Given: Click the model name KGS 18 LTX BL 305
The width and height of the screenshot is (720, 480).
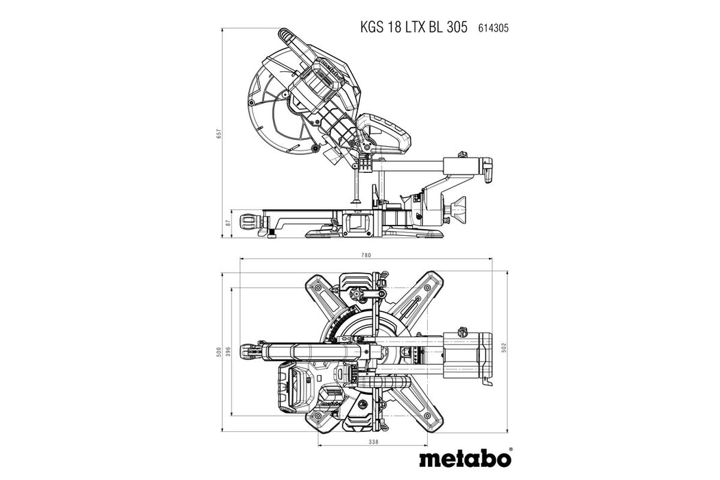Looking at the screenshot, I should tap(413, 27).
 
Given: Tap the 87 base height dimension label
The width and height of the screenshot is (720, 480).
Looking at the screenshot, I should tap(219, 224).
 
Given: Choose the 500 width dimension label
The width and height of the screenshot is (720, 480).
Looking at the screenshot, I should tap(219, 351).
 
